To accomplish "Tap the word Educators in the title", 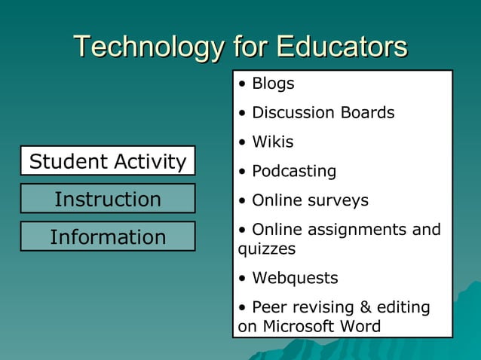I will (x=342, y=47).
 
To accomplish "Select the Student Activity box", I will (x=108, y=161).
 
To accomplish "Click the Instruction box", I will (x=108, y=199).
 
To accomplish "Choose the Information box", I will (x=108, y=237).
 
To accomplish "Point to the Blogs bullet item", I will (x=272, y=84).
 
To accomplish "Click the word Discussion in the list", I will (x=293, y=113).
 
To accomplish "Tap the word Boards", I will (x=366, y=113).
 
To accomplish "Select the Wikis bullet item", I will (x=272, y=142).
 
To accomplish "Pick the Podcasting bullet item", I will (x=293, y=172).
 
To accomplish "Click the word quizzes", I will (x=267, y=249).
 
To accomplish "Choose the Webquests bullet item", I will (x=295, y=278).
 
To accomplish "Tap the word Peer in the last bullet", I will (x=269, y=307).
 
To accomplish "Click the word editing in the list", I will (x=403, y=307).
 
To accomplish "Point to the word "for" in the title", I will (x=250, y=47).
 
